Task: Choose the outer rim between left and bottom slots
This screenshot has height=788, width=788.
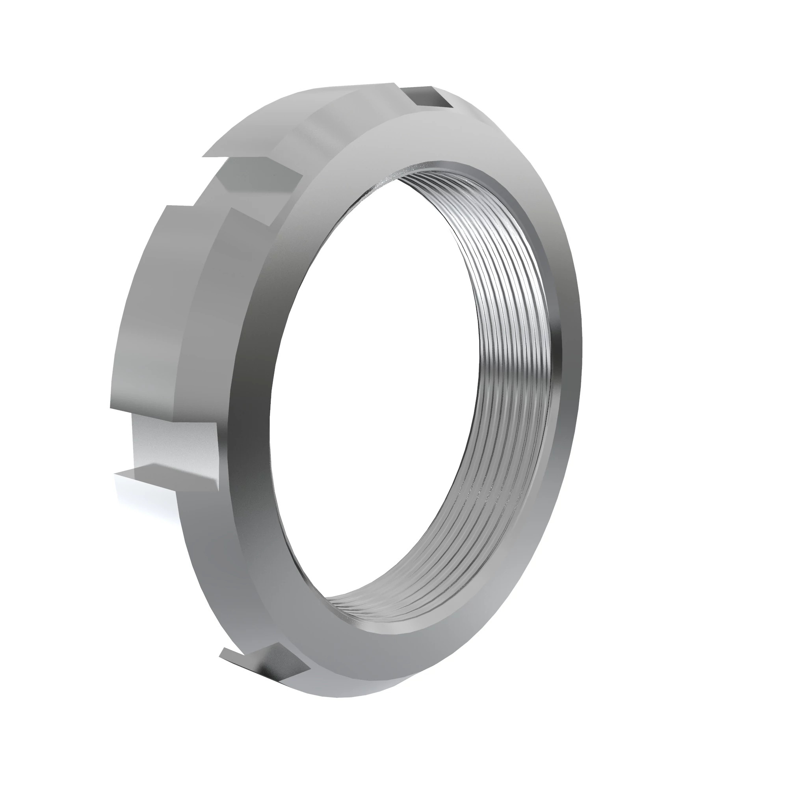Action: click(x=196, y=571)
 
